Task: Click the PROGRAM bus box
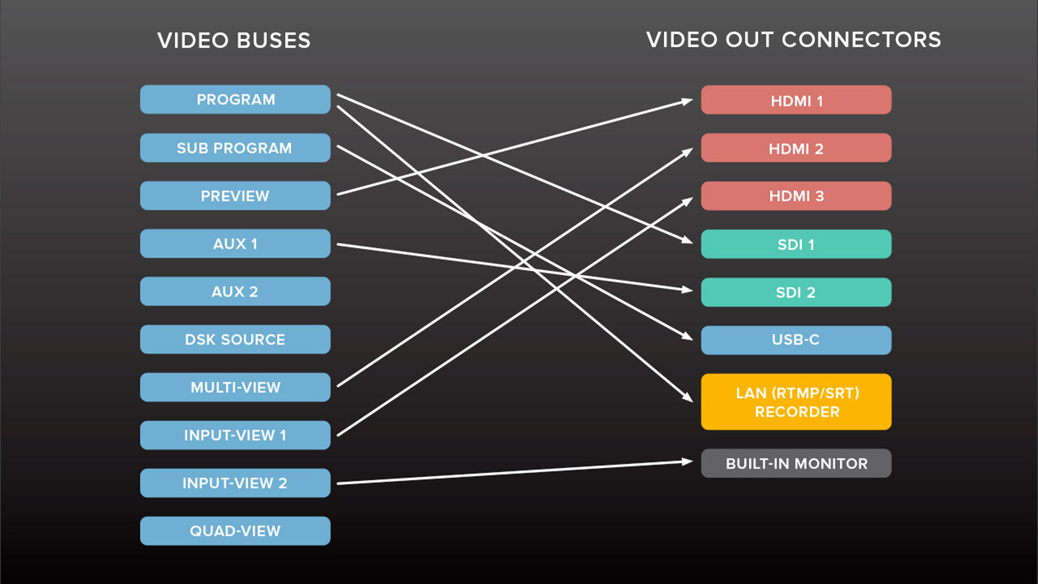pos(235,99)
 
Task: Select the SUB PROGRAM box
pos(235,148)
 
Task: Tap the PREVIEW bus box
pos(235,196)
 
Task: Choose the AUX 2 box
pos(235,291)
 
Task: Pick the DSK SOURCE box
pos(235,340)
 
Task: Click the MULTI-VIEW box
pos(235,387)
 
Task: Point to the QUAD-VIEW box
pos(235,531)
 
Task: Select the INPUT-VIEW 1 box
pos(235,435)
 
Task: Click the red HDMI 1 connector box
pos(796,100)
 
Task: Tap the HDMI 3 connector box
pos(796,196)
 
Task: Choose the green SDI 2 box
pos(796,292)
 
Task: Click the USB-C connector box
pos(796,340)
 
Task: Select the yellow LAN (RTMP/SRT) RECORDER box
pos(796,402)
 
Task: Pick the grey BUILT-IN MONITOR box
pos(796,463)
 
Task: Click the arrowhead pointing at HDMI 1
pos(687,101)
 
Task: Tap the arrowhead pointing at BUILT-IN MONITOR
pos(687,462)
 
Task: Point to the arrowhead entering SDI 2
pos(687,290)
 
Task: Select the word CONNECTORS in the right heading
pos(861,40)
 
